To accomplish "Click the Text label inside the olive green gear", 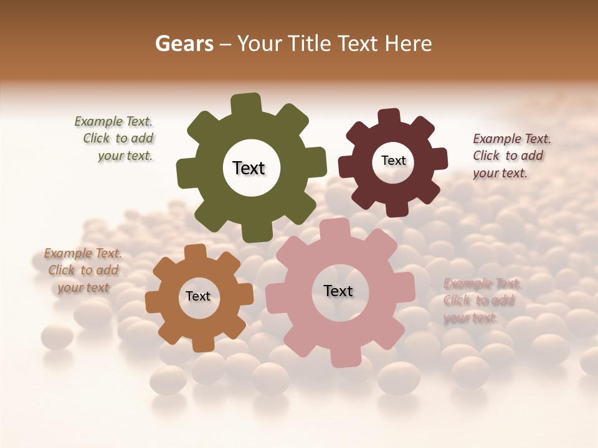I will click(249, 168).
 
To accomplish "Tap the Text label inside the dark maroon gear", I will click(394, 161).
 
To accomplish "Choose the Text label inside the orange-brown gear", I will click(198, 296).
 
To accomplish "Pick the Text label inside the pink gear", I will click(338, 291).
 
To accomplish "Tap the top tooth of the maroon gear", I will click(389, 117).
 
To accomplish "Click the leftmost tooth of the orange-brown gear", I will click(154, 302).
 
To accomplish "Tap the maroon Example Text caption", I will click(511, 156).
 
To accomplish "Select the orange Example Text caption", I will click(83, 270).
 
